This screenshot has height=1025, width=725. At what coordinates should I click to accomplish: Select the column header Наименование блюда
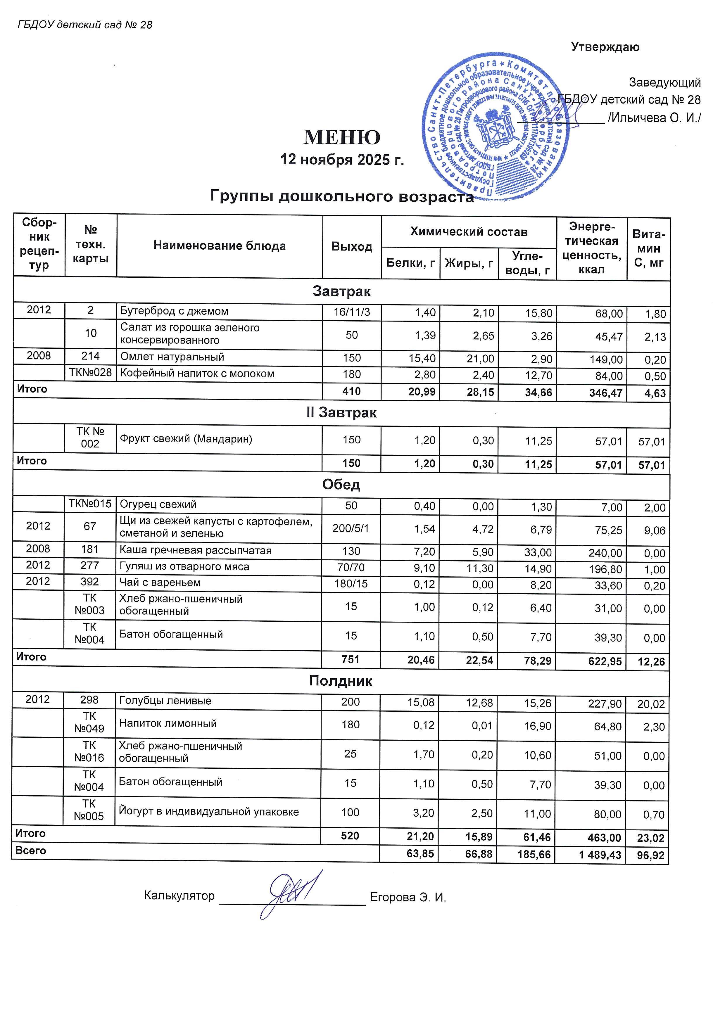coord(220,246)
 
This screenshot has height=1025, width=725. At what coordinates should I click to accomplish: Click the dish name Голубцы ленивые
coord(165,701)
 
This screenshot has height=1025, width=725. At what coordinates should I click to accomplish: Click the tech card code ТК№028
coord(91,373)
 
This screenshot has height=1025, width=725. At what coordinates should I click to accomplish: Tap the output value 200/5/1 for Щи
coord(351,528)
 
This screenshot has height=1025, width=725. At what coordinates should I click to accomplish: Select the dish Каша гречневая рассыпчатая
coord(196,550)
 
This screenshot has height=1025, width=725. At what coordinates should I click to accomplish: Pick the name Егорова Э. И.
coord(408,897)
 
